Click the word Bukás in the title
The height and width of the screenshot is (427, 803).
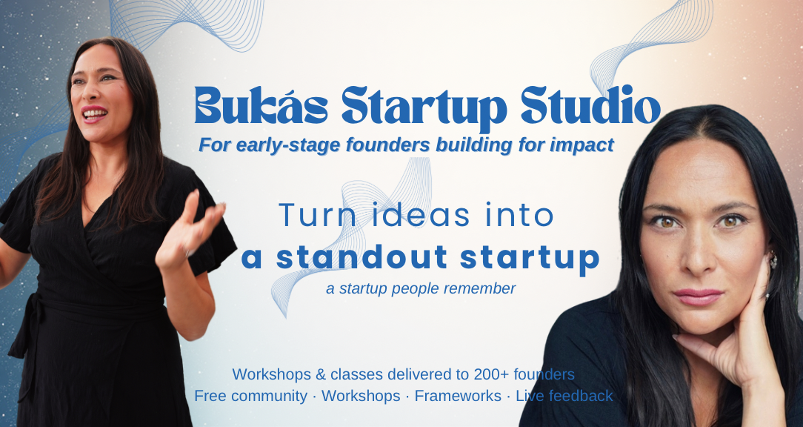261,105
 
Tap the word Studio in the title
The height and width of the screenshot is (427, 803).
590,105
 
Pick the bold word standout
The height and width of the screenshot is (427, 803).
361,257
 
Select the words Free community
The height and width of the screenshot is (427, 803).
250,396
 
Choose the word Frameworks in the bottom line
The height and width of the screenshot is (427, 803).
458,396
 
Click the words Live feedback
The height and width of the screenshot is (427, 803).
564,396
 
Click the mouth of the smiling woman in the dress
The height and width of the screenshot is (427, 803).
94,114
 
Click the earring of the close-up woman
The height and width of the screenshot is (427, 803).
773,260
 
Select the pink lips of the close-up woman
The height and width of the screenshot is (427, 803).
698,297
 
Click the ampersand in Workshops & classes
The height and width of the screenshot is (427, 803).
321,374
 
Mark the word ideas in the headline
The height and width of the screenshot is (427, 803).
415,215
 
